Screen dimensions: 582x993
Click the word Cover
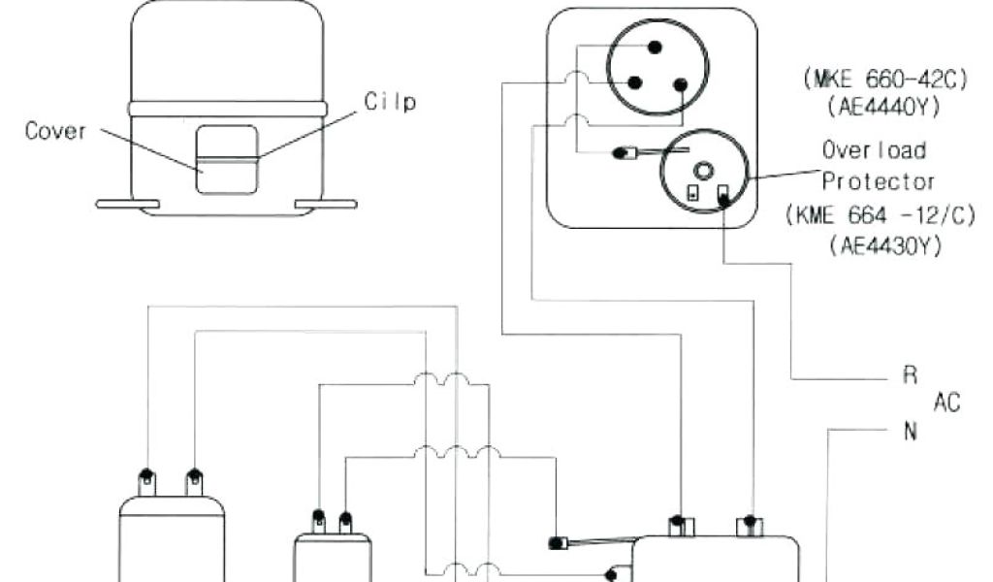coord(55,132)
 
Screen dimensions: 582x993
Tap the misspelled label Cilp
coord(391,102)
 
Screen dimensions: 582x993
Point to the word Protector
coord(879,181)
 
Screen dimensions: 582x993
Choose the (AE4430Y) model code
coord(885,246)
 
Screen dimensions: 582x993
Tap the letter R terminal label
coord(910,376)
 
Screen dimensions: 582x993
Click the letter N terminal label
coord(910,432)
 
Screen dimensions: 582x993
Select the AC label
coord(946,403)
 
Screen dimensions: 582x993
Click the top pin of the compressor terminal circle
coord(655,47)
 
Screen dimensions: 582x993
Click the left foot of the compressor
coord(127,204)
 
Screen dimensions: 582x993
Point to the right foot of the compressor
coord(326,204)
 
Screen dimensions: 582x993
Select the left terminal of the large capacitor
coord(145,478)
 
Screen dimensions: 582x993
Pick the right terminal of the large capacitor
coord(194,478)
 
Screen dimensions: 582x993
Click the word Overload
coord(874,150)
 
